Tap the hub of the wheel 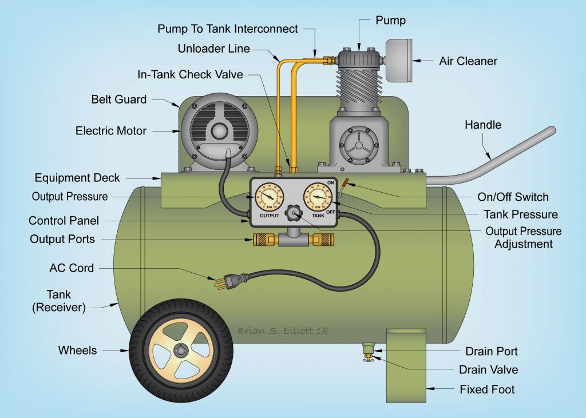tap(181, 349)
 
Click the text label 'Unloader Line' tap(213, 49)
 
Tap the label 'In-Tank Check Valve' tap(190, 74)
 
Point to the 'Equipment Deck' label tap(77, 178)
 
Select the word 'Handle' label tap(482, 124)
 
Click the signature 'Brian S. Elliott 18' tap(283, 331)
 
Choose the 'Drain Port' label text tap(491, 351)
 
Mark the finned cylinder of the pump tap(359, 86)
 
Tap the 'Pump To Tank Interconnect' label tap(227, 29)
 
